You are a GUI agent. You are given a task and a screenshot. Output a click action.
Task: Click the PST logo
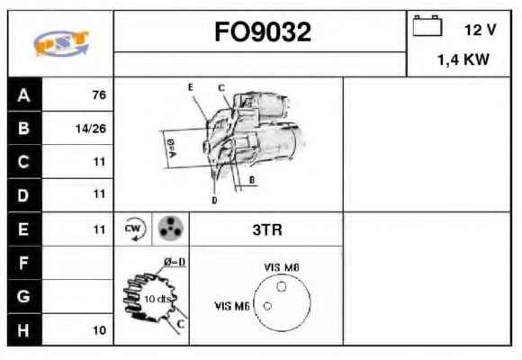(61, 43)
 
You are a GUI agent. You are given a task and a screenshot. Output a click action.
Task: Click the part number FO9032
(263, 32)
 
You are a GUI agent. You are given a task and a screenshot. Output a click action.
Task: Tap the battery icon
(427, 25)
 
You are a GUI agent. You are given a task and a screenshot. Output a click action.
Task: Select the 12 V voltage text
(480, 30)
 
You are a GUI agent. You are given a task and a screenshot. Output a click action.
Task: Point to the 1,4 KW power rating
(463, 59)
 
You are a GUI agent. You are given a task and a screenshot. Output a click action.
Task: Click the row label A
(24, 95)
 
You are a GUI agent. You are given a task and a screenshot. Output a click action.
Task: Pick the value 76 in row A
(99, 94)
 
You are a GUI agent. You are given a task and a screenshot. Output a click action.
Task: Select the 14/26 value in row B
(91, 129)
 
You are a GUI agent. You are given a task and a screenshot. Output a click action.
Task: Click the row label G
(23, 296)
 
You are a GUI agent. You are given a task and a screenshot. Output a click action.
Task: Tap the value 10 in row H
(99, 330)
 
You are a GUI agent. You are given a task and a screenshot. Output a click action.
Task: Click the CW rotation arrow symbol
(134, 229)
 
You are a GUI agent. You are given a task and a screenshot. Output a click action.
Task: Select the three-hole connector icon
(170, 229)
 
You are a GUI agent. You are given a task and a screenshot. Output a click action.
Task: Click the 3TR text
(267, 229)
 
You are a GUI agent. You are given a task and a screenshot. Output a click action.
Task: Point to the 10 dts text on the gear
(157, 299)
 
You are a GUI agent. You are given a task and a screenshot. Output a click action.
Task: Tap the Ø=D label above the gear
(175, 262)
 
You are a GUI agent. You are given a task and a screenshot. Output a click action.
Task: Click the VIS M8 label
(282, 267)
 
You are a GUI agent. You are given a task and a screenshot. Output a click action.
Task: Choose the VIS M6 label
(232, 306)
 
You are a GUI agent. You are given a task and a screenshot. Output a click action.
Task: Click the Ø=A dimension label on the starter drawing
(171, 148)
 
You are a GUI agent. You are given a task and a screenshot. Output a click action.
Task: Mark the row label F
(23, 263)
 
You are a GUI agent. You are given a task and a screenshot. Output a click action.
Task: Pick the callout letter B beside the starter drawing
(252, 180)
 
